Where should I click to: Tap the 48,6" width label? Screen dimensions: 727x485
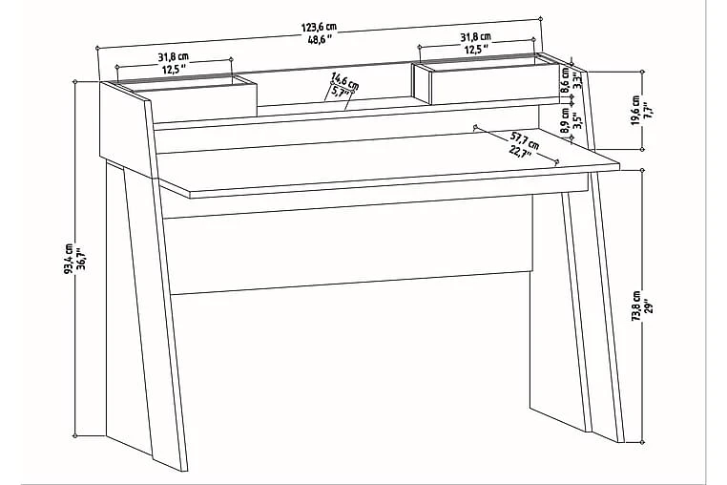(x=321, y=39)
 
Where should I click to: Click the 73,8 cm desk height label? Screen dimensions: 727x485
(x=636, y=306)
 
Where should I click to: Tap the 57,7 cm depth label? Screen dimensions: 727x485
(x=525, y=140)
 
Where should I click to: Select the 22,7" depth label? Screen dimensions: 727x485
(x=520, y=152)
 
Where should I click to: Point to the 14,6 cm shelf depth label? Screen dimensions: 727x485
(x=345, y=80)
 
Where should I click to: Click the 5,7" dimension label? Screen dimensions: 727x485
(x=341, y=92)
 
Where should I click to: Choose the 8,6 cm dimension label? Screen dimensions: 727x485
(x=564, y=80)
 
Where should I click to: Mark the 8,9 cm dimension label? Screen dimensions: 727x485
(x=565, y=121)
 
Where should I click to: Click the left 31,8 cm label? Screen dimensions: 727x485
(x=174, y=57)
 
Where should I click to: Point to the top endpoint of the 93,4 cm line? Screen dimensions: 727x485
(x=75, y=81)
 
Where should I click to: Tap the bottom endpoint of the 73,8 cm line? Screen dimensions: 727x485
(x=643, y=443)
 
